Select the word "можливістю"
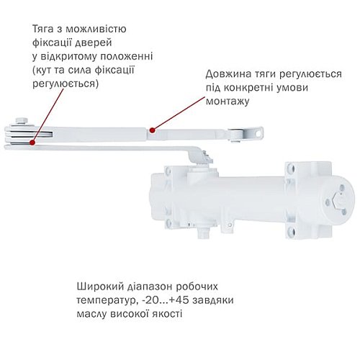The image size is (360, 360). [99, 29]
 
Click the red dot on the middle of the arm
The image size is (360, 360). [151, 131]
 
